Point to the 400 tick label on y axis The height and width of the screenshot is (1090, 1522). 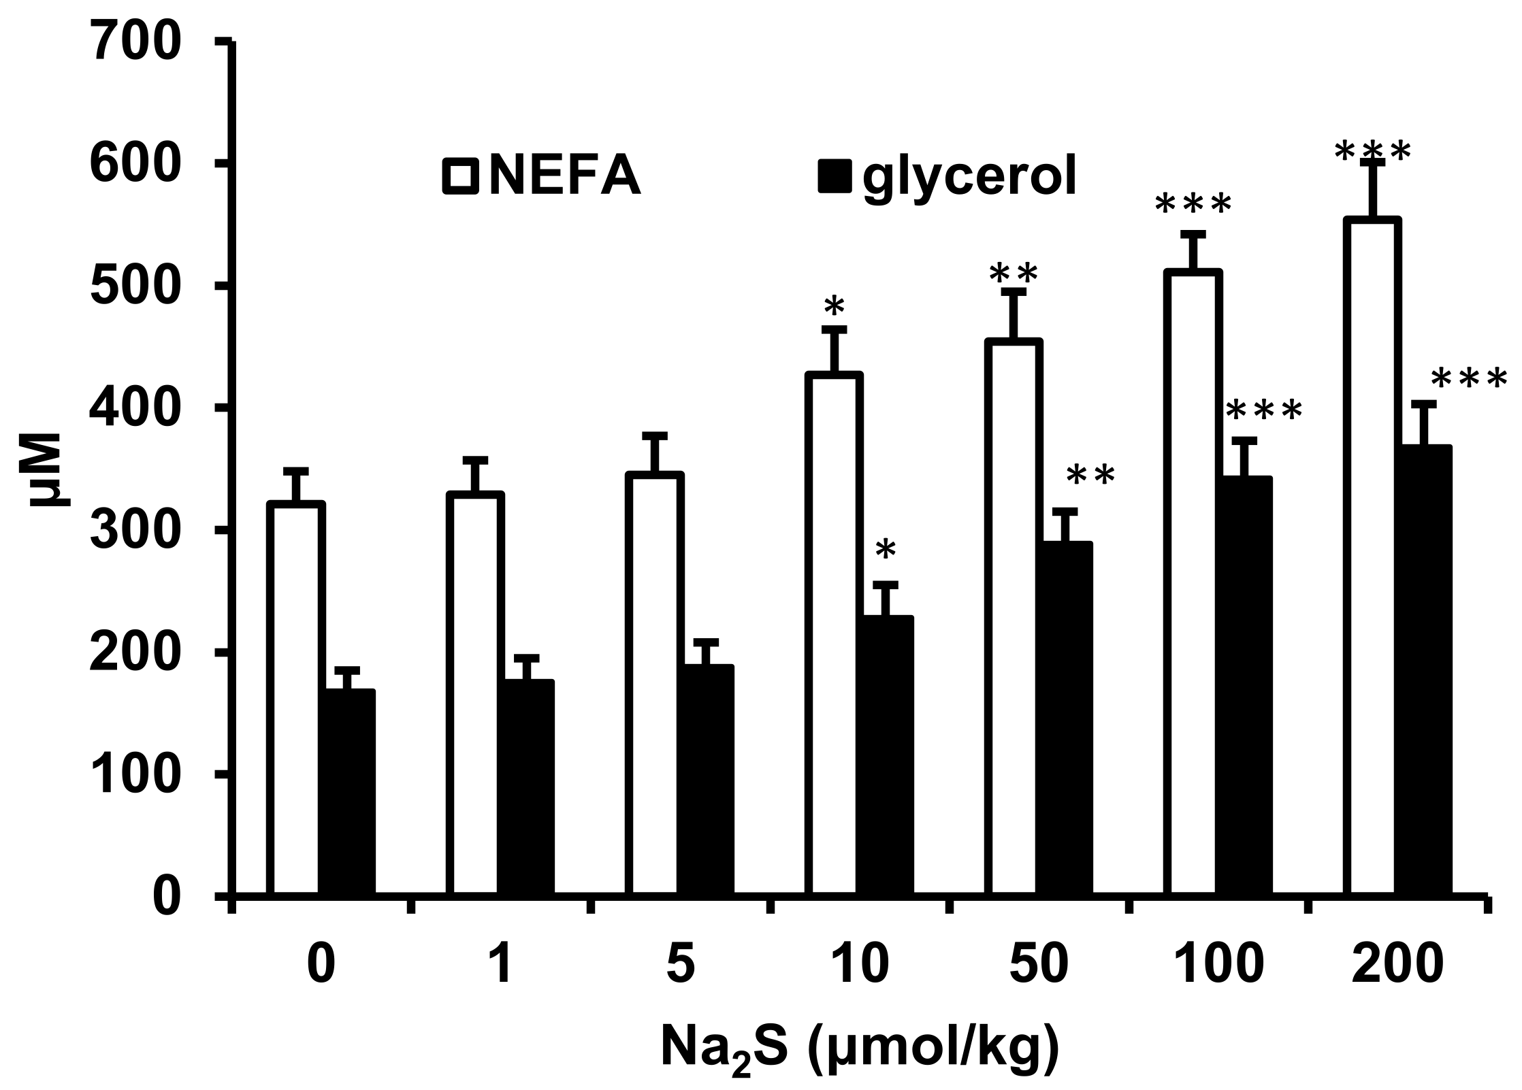136,408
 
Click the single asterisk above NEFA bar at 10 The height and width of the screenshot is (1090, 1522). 834,308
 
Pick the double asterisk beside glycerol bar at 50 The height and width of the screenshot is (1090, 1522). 1090,476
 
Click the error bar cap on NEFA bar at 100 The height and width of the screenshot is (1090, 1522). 1193,234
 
